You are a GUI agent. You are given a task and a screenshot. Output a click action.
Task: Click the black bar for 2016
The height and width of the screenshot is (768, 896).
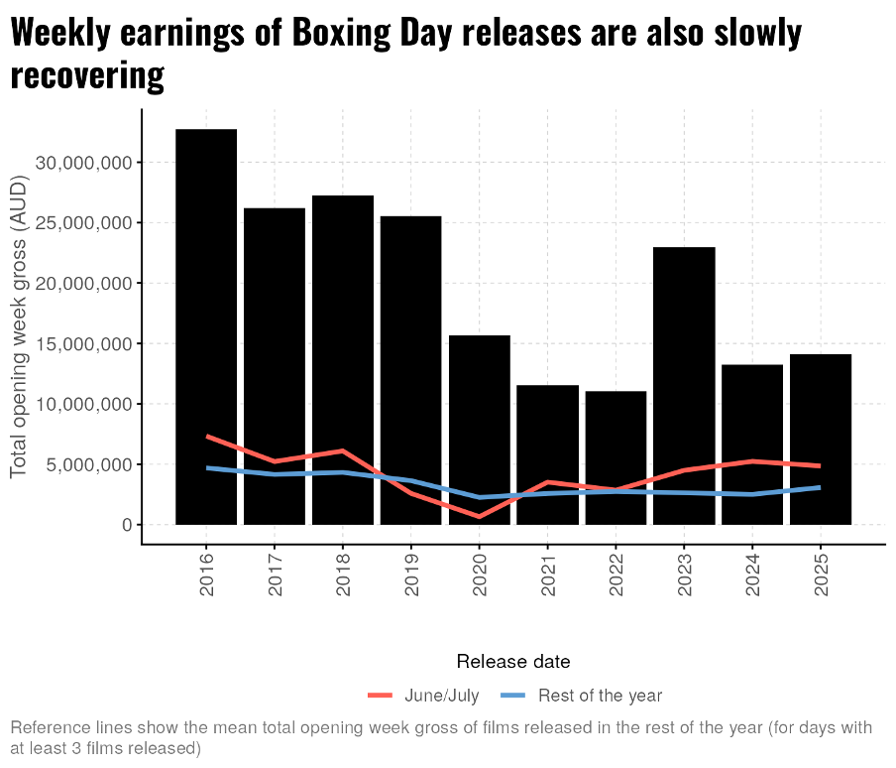tap(206, 326)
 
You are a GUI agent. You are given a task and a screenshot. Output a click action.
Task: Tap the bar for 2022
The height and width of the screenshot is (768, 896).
tap(616, 457)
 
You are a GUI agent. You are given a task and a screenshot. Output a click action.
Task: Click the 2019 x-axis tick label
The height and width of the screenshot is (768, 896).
tap(411, 576)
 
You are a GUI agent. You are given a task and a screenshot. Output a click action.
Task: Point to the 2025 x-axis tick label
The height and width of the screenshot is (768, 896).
tap(821, 576)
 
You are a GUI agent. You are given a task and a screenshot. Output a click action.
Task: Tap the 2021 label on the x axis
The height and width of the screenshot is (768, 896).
tap(548, 576)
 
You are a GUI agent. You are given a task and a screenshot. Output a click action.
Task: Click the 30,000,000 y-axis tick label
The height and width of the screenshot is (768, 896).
tap(82, 163)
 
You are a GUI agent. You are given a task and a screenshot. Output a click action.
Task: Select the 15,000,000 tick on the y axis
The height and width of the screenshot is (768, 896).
tap(82, 344)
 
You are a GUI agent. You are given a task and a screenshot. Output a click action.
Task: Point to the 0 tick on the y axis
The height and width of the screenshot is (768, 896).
tap(127, 525)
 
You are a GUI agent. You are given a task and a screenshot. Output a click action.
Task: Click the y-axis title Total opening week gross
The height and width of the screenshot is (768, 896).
tap(19, 326)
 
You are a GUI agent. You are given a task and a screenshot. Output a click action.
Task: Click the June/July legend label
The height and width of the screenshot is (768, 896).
tap(442, 696)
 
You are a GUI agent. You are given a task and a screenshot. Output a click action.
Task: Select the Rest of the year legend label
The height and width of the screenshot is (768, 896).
tap(600, 696)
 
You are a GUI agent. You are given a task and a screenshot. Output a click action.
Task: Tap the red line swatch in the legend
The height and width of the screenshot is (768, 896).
tap(381, 696)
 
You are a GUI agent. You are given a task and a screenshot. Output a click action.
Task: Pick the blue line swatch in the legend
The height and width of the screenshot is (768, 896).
tap(513, 696)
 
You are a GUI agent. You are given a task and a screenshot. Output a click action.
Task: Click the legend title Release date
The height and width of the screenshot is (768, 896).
tap(512, 661)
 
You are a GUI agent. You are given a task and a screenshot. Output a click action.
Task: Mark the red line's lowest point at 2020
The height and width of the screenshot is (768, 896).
tap(479, 516)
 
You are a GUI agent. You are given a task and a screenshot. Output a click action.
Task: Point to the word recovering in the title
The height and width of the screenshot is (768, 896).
tap(87, 75)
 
